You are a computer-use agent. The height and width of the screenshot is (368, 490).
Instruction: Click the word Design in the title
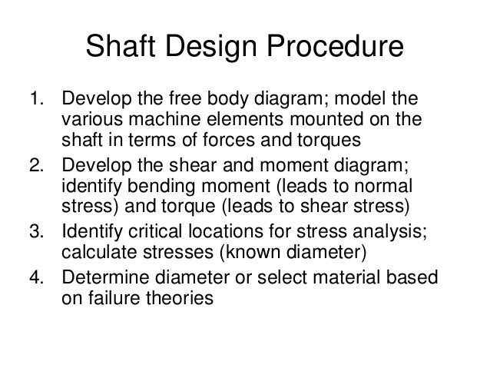(x=219, y=48)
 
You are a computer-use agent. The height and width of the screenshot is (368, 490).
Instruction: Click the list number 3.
(x=34, y=230)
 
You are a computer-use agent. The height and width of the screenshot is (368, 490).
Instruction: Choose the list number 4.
(x=34, y=274)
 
